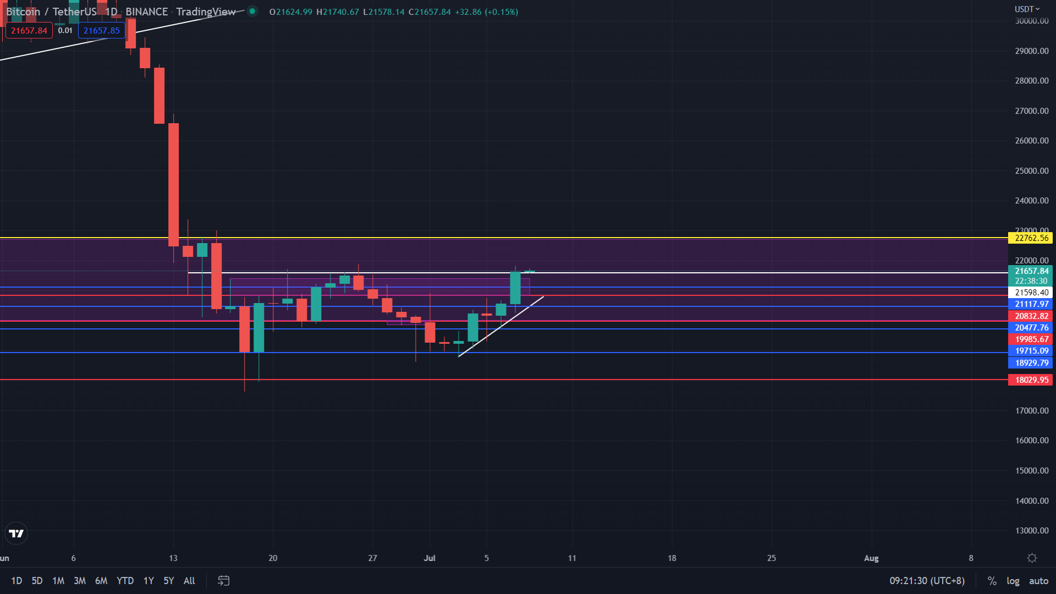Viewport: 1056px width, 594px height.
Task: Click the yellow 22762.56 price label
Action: pos(1031,238)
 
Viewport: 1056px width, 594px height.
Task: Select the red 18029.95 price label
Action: pos(1031,380)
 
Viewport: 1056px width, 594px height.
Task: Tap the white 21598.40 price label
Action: pos(1031,293)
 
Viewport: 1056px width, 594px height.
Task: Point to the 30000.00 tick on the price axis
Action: pos(1031,21)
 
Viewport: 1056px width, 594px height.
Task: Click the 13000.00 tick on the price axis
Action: pos(1031,531)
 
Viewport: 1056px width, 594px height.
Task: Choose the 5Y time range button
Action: pos(168,581)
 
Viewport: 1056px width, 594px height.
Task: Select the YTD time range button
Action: pos(125,581)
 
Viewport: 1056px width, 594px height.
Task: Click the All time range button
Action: pos(189,581)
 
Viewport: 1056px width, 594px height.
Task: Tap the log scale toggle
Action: pos(1013,581)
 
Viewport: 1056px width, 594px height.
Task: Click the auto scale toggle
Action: pos(1038,581)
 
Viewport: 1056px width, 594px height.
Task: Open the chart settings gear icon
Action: pos(1032,558)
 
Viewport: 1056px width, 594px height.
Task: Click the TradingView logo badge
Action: pos(16,533)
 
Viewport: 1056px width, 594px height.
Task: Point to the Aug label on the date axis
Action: pos(871,558)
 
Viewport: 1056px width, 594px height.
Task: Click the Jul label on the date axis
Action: pos(430,558)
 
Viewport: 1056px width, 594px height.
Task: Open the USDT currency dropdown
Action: pos(1027,9)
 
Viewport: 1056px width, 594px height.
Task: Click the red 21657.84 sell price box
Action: pos(29,31)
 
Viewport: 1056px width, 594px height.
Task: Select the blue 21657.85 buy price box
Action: pos(102,31)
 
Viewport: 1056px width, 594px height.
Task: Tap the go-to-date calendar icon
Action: pos(223,581)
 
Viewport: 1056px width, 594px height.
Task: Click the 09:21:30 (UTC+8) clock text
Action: pos(927,581)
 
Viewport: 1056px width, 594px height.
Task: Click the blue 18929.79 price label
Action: pos(1031,363)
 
